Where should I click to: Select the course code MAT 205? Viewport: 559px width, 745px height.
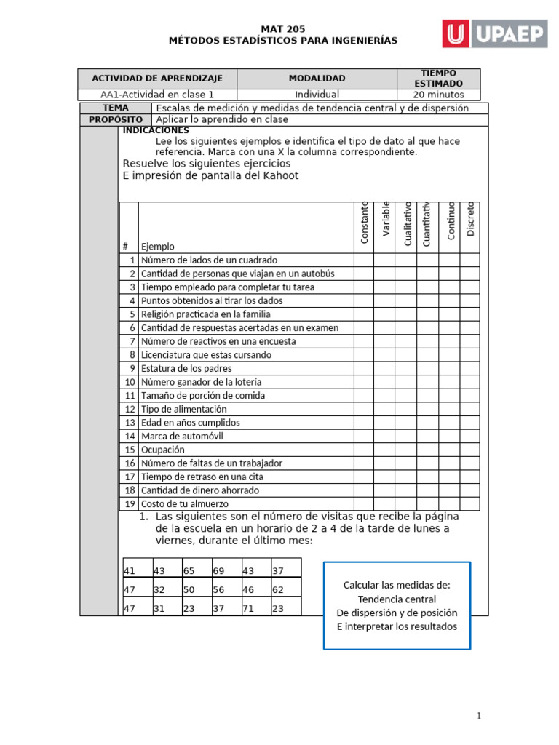coord(283,28)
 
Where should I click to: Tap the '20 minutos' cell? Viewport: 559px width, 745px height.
coord(437,95)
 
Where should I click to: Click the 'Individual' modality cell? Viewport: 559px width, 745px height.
coord(317,95)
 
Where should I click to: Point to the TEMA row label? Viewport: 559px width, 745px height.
coord(116,108)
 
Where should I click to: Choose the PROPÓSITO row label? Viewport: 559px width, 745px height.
coord(116,119)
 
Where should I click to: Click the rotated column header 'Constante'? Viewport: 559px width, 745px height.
coord(364,223)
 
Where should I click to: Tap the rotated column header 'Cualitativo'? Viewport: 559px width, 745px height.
coord(408,224)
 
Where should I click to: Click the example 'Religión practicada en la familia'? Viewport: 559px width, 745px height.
coord(205,314)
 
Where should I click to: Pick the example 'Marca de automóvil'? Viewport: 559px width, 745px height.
coord(182,436)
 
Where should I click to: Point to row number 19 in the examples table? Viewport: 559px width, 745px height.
coord(130,503)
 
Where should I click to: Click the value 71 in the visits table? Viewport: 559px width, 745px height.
coord(248,608)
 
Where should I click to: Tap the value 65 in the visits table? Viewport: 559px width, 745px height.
coord(189,571)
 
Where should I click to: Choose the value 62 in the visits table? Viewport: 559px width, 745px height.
coord(278,590)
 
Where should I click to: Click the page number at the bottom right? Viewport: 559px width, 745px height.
coord(478,717)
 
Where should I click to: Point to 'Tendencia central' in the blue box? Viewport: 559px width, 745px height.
coord(397,599)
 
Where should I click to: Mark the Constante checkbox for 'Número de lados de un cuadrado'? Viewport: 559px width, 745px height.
coord(363,260)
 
